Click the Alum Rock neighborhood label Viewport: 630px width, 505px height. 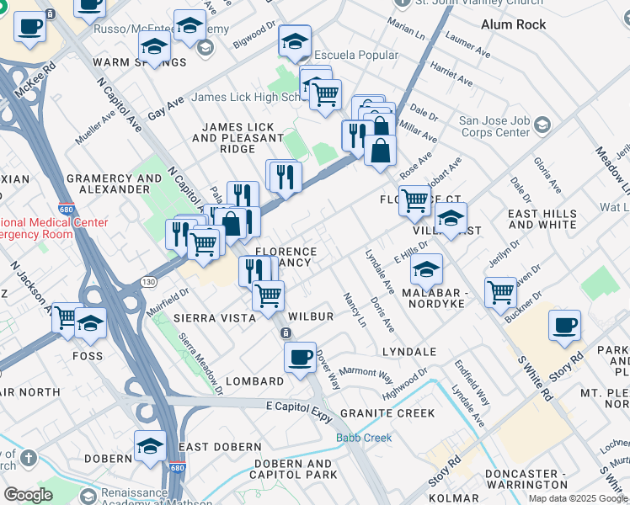click(513, 24)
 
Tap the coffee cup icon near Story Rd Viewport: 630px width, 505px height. click(564, 326)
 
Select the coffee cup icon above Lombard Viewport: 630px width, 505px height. click(299, 358)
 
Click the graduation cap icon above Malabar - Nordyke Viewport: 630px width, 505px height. click(427, 268)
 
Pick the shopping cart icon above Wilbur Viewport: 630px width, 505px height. click(268, 295)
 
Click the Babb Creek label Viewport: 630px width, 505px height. click(364, 438)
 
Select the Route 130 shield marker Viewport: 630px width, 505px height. click(148, 281)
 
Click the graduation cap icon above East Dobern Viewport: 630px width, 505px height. click(150, 445)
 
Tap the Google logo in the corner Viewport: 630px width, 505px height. click(28, 494)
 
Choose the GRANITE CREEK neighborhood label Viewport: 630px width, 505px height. click(387, 413)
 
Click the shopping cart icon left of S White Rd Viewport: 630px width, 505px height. click(500, 292)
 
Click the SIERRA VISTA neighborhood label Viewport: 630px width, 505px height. click(214, 318)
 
